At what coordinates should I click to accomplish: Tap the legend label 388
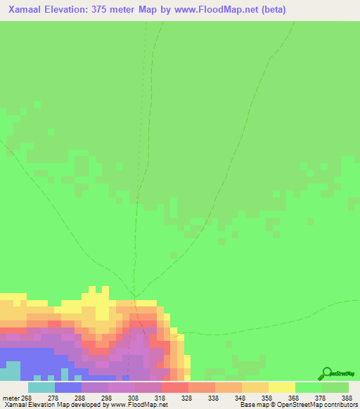347,397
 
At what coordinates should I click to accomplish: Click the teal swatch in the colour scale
41,387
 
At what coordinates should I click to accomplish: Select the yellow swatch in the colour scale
281,387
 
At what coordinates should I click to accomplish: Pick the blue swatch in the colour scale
67,387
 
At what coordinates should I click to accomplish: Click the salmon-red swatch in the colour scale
174,387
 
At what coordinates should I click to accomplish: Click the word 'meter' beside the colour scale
12,397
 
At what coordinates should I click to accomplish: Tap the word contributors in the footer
340,405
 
